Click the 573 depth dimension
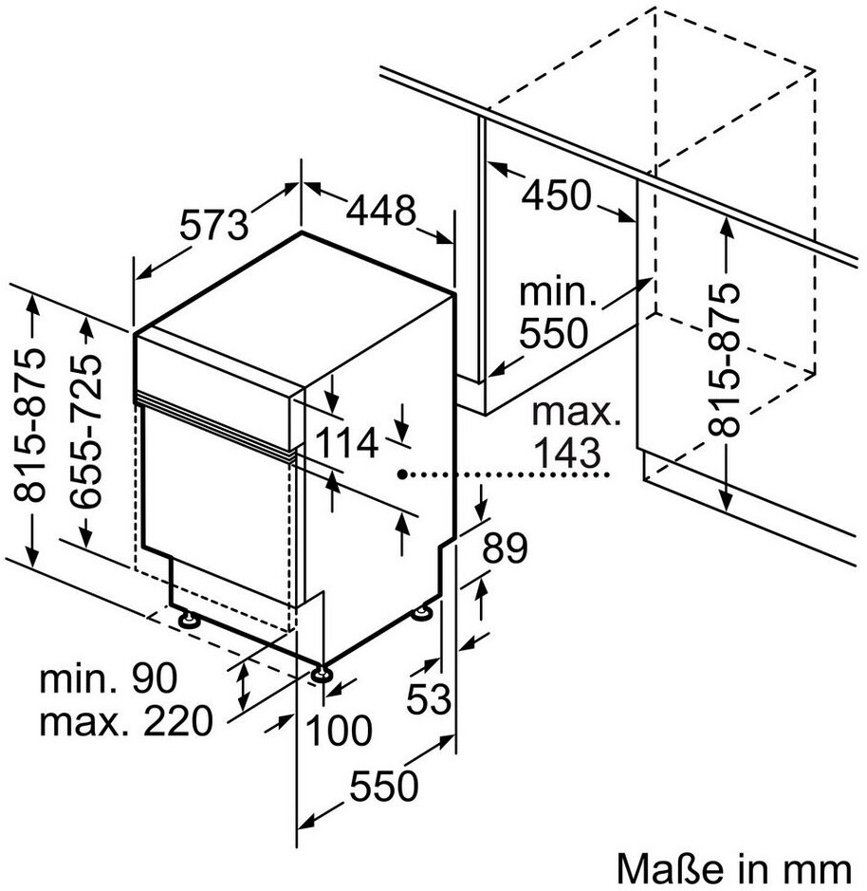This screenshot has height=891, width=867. tap(214, 225)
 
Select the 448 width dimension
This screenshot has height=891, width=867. tap(381, 211)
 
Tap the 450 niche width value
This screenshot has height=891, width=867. tap(556, 195)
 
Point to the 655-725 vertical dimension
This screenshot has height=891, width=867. tap(86, 430)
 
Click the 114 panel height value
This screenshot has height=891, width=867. tap(346, 443)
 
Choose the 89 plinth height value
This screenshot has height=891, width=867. tap(505, 548)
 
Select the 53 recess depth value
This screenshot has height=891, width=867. tap(429, 698)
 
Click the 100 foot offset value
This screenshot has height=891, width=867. tap(339, 731)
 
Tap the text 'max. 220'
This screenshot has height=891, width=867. tap(126, 721)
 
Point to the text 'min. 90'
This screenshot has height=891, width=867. tap(108, 678)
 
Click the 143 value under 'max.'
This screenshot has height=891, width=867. tap(567, 453)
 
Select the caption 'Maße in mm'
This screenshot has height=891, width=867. tap(734, 868)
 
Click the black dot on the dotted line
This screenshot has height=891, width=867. tap(402, 473)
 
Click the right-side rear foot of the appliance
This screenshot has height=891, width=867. tap(422, 612)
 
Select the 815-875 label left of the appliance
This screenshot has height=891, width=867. tap(29, 426)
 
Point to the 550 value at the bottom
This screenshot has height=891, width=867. tap(383, 786)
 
